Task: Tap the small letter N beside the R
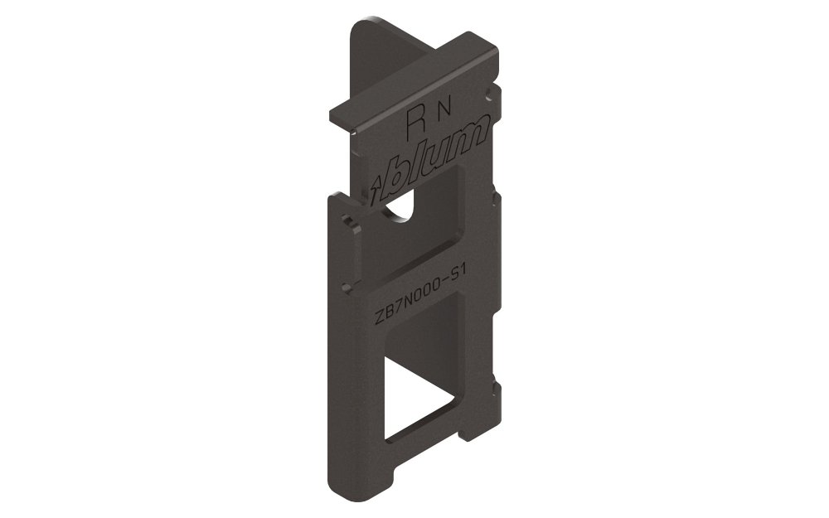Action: tap(444, 109)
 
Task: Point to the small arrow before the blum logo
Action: tap(376, 192)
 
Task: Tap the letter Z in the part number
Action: tap(379, 318)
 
